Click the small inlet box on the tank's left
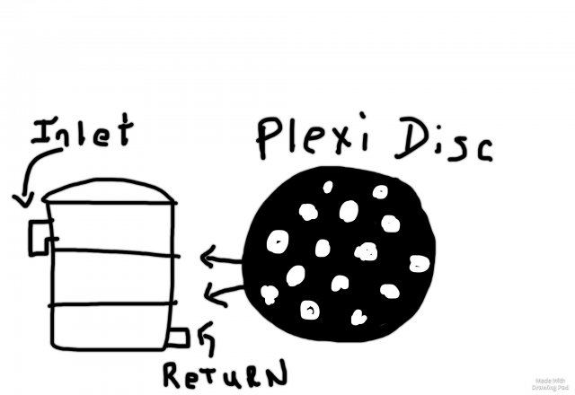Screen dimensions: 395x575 click(40, 236)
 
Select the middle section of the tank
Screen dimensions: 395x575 click(110, 279)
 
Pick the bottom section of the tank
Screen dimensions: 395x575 click(110, 325)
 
